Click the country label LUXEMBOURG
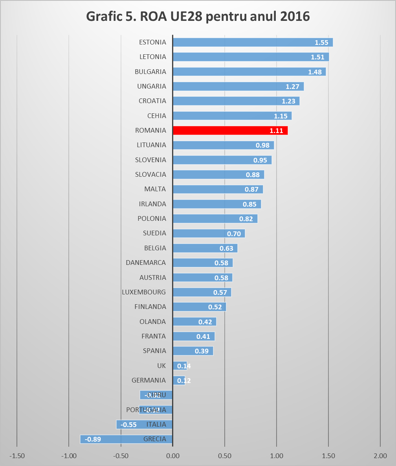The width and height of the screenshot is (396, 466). (144, 292)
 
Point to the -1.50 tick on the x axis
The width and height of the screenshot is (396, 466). (17, 456)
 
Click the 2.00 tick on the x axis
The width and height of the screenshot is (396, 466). (380, 456)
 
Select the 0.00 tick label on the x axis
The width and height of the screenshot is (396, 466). (172, 456)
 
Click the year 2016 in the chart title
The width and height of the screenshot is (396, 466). (294, 17)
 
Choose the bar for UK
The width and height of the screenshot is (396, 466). (180, 366)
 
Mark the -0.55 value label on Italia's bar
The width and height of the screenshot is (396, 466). (128, 425)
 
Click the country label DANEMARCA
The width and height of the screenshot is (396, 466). (146, 263)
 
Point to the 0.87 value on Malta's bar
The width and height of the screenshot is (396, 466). (251, 189)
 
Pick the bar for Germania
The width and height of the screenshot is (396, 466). (179, 381)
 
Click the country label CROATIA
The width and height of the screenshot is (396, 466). (152, 101)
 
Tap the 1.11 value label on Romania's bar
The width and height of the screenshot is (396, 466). (277, 131)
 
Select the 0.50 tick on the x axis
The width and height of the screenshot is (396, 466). (224, 456)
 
